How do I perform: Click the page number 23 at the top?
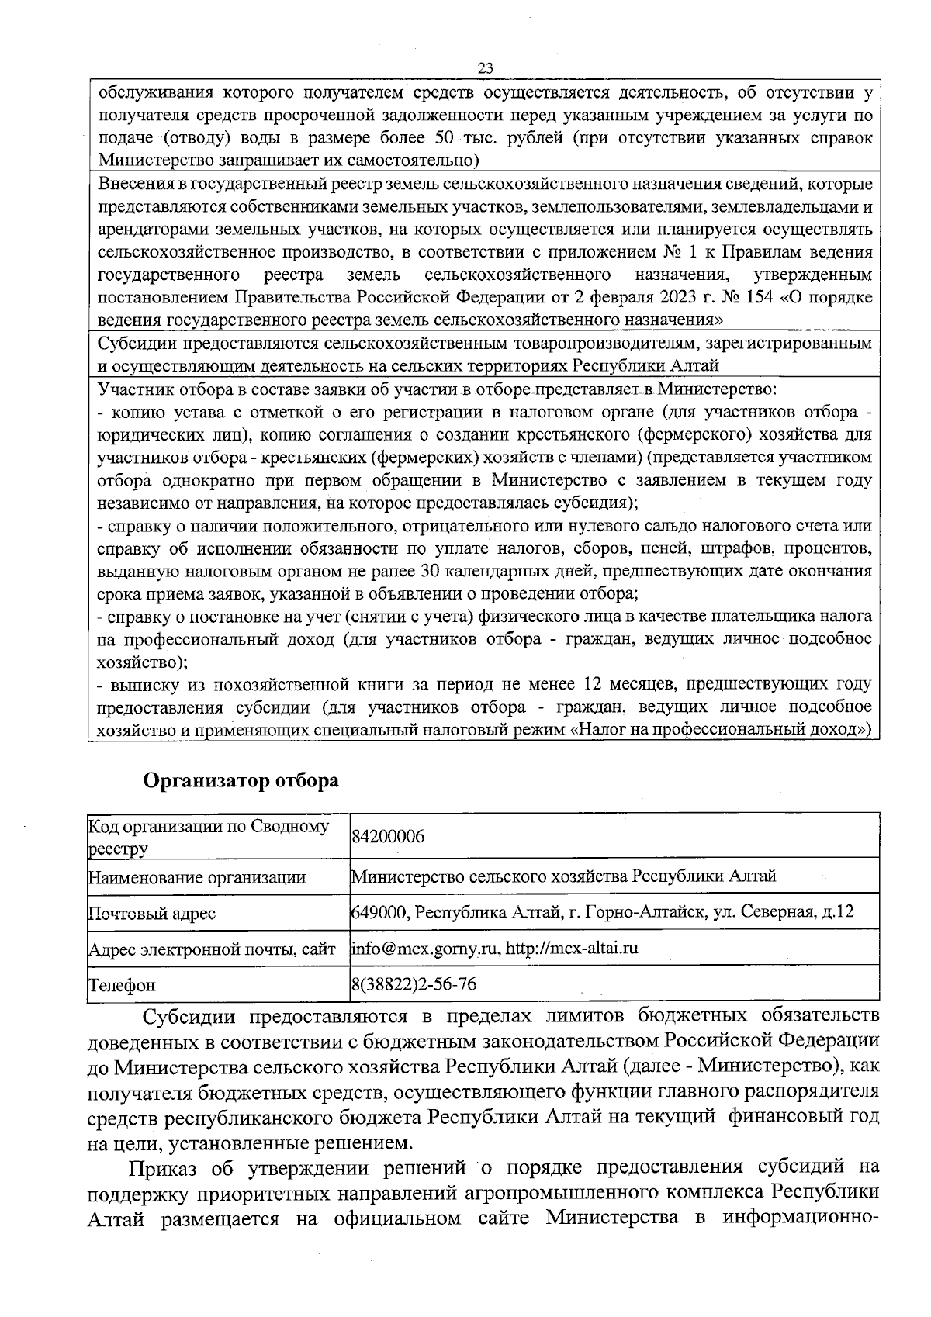486,68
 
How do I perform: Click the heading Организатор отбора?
241,779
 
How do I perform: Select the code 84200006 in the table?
388,838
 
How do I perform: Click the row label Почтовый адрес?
152,913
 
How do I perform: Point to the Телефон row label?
122,985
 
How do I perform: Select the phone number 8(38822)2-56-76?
414,984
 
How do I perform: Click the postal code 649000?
379,911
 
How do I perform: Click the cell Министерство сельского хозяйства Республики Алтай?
564,876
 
